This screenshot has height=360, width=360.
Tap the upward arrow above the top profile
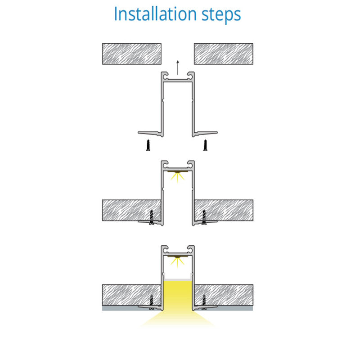pos(178,67)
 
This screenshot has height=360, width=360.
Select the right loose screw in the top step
pos(206,146)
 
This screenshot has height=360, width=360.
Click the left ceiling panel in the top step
pos(132,54)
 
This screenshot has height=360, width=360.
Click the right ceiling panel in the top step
pos(223,54)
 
